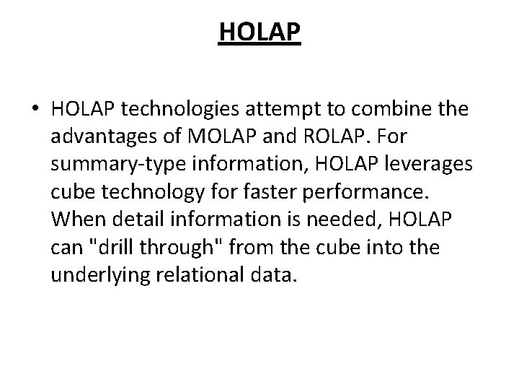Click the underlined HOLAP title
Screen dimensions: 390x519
259,32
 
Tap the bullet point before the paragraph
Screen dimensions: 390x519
35,109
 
